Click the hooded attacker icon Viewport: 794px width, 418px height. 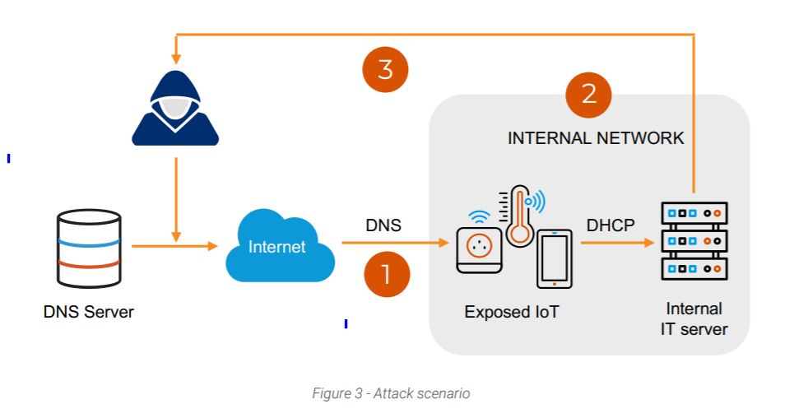coord(175,111)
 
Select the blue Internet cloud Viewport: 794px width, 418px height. coord(278,246)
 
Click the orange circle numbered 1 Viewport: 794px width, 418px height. coord(386,273)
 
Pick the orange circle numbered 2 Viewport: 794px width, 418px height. coord(589,94)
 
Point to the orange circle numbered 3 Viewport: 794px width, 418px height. coord(385,70)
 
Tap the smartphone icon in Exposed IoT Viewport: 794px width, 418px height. coord(555,258)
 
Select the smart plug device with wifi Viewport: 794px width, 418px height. coord(478,248)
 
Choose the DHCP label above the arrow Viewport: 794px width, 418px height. coord(611,225)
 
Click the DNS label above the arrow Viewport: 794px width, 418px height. coord(383,225)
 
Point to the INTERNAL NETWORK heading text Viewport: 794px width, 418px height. coord(596,138)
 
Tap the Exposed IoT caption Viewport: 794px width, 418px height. coord(511,312)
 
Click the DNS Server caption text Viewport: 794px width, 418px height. coord(88,312)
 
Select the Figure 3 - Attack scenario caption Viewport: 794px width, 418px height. coord(391,393)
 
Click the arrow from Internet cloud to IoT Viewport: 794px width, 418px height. coord(395,243)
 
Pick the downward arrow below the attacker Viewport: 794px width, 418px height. coord(176,197)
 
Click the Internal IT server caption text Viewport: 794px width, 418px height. coord(694,319)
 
